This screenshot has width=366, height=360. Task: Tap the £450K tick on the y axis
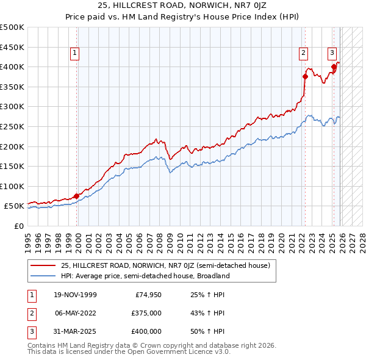(12, 47)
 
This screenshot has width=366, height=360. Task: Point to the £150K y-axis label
(12, 166)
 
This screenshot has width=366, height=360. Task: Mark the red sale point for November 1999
(77, 196)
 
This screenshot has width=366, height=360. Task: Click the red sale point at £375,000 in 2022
(305, 77)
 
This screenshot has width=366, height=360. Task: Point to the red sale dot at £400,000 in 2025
(334, 67)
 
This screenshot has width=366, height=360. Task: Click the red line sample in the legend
(43, 265)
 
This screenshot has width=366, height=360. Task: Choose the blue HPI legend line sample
(43, 276)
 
